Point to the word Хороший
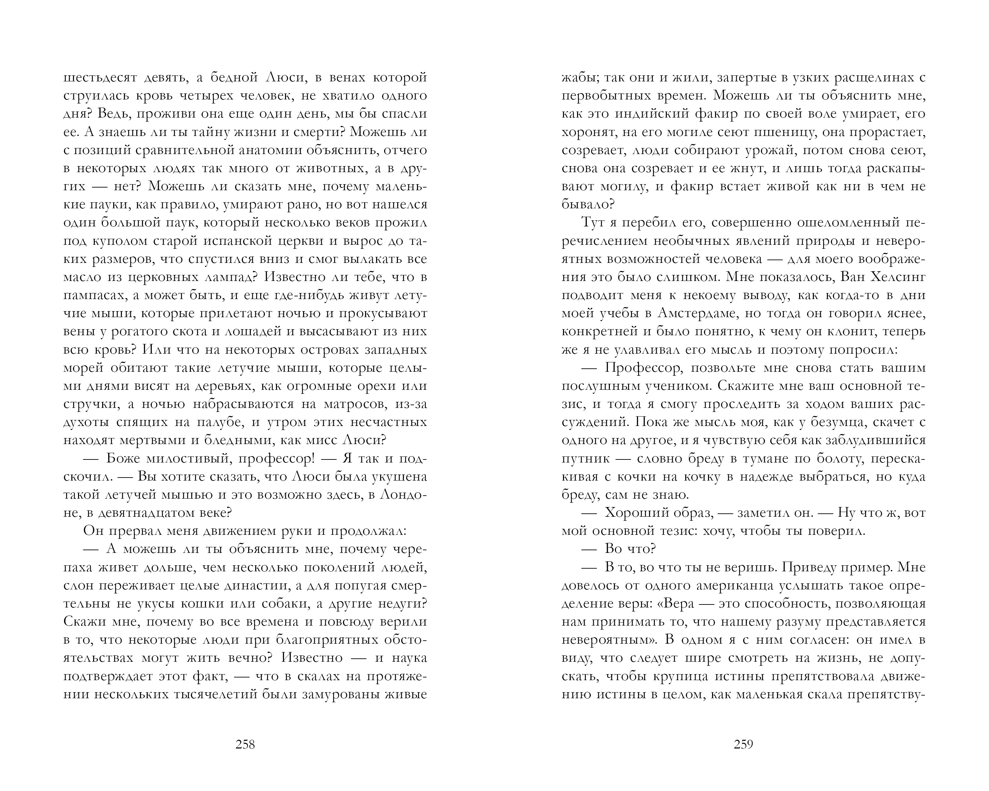point(636,513)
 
